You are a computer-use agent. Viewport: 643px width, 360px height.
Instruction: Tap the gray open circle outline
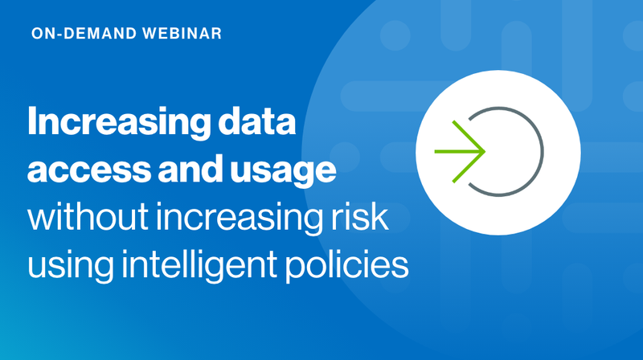pyautogui.click(x=543, y=150)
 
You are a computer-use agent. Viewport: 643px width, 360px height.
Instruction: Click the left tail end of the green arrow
pyautogui.click(x=436, y=150)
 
